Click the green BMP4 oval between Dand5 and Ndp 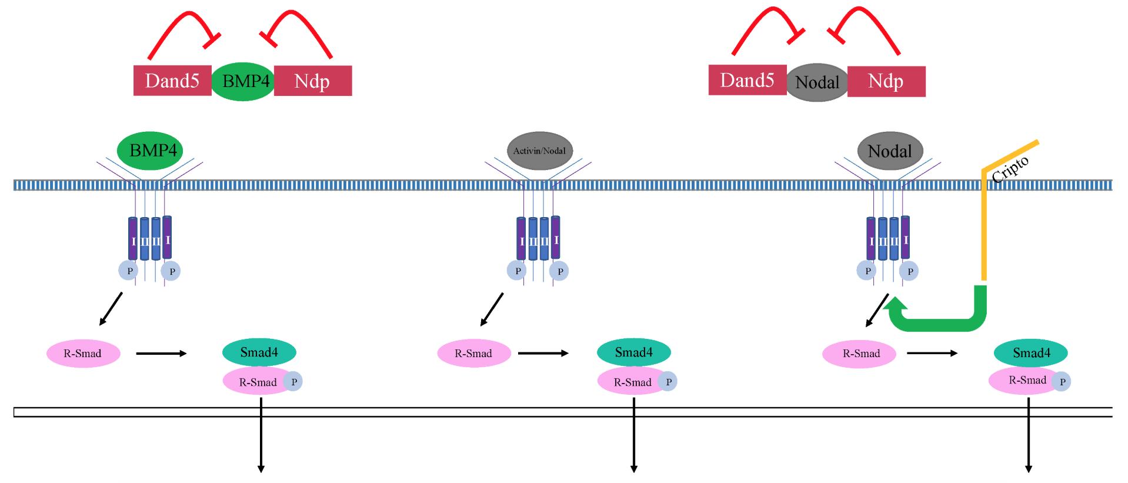tap(243, 81)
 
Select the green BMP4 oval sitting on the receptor tap(152, 151)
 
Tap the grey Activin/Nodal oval tap(539, 151)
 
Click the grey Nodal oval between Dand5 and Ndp tap(817, 82)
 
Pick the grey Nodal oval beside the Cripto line tap(890, 151)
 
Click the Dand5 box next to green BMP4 tap(172, 81)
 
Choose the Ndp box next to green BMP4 tap(312, 81)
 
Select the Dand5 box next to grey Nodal tap(747, 80)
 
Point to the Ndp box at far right tap(886, 81)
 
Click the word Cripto tap(1010, 169)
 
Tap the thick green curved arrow tap(941, 323)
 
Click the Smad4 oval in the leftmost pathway tap(259, 352)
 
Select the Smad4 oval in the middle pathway tap(633, 352)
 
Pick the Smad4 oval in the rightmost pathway tap(1030, 353)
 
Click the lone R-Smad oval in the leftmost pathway tap(83, 354)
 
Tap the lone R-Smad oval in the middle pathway tap(473, 354)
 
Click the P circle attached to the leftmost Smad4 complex tap(293, 381)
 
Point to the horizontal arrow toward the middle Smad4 tap(542, 354)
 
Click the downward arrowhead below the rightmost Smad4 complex tap(1029, 468)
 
